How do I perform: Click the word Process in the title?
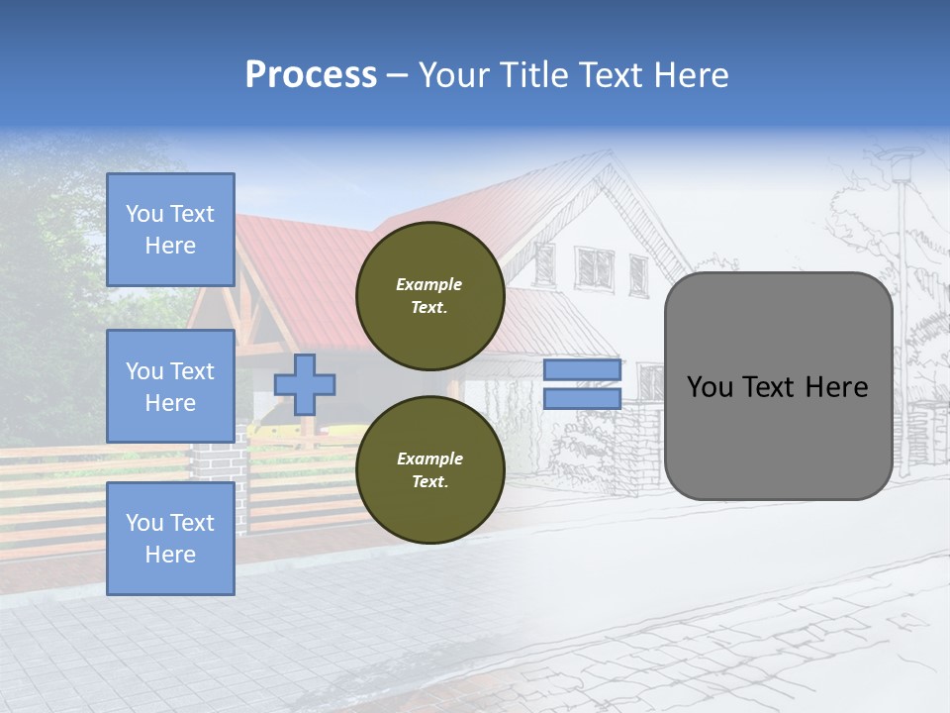pyautogui.click(x=311, y=75)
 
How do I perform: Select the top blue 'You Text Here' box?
pyautogui.click(x=170, y=230)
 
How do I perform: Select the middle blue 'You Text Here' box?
pyautogui.click(x=170, y=386)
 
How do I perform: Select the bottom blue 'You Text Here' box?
pyautogui.click(x=170, y=538)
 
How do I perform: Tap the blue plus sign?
pyautogui.click(x=305, y=383)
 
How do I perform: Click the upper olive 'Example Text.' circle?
pyautogui.click(x=430, y=295)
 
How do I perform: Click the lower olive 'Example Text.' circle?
pyautogui.click(x=430, y=469)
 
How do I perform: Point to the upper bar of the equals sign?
pyautogui.click(x=582, y=370)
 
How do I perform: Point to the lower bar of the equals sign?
pyautogui.click(x=582, y=398)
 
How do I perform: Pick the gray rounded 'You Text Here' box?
pyautogui.click(x=778, y=386)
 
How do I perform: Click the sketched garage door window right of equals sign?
pyautogui.click(x=650, y=381)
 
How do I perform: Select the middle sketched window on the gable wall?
pyautogui.click(x=596, y=267)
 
